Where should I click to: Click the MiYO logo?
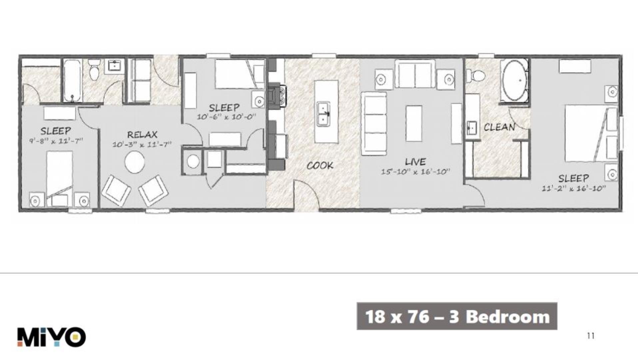pyautogui.click(x=52, y=337)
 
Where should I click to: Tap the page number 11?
pyautogui.click(x=590, y=336)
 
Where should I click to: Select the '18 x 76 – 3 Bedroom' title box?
pyautogui.click(x=457, y=316)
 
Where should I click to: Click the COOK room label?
pyautogui.click(x=320, y=165)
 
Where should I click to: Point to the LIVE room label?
pyautogui.click(x=415, y=162)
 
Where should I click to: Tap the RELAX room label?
pyautogui.click(x=142, y=135)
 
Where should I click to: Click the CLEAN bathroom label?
pyautogui.click(x=499, y=127)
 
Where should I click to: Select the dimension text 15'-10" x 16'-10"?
pyautogui.click(x=415, y=172)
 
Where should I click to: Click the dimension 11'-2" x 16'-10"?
pyautogui.click(x=573, y=188)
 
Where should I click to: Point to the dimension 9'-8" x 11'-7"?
pyautogui.click(x=56, y=141)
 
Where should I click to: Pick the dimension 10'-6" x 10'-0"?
pyautogui.click(x=226, y=117)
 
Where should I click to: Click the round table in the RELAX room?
pyautogui.click(x=135, y=162)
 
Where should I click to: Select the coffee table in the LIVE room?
pyautogui.click(x=414, y=123)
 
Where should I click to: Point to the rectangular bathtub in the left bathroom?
pyautogui.click(x=72, y=81)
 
